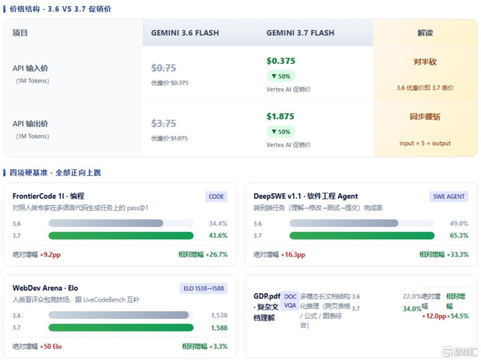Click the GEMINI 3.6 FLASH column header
pyautogui.click(x=185, y=33)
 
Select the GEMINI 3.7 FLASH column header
pyautogui.click(x=300, y=33)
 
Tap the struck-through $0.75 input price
pyautogui.click(x=164, y=68)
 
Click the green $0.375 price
pyautogui.click(x=281, y=61)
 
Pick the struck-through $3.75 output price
pyautogui.click(x=164, y=123)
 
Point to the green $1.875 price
pyautogui.click(x=280, y=116)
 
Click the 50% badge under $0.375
pyautogui.click(x=281, y=76)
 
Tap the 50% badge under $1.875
pyautogui.click(x=281, y=132)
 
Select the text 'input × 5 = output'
pyautogui.click(x=425, y=143)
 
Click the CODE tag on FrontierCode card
pyautogui.click(x=216, y=196)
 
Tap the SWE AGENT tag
pyautogui.click(x=448, y=196)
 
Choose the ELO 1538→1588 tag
pyautogui.click(x=204, y=288)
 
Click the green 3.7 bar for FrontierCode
pyautogui.click(x=121, y=235)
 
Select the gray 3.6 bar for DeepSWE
pyautogui.click(x=343, y=223)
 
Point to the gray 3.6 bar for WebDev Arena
pyautogui.click(x=118, y=315)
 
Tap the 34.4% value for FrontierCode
pyautogui.click(x=218, y=223)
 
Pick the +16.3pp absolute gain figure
pyautogui.click(x=293, y=255)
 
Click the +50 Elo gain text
pyautogui.click(x=51, y=347)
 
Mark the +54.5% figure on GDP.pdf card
pyautogui.click(x=457, y=316)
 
